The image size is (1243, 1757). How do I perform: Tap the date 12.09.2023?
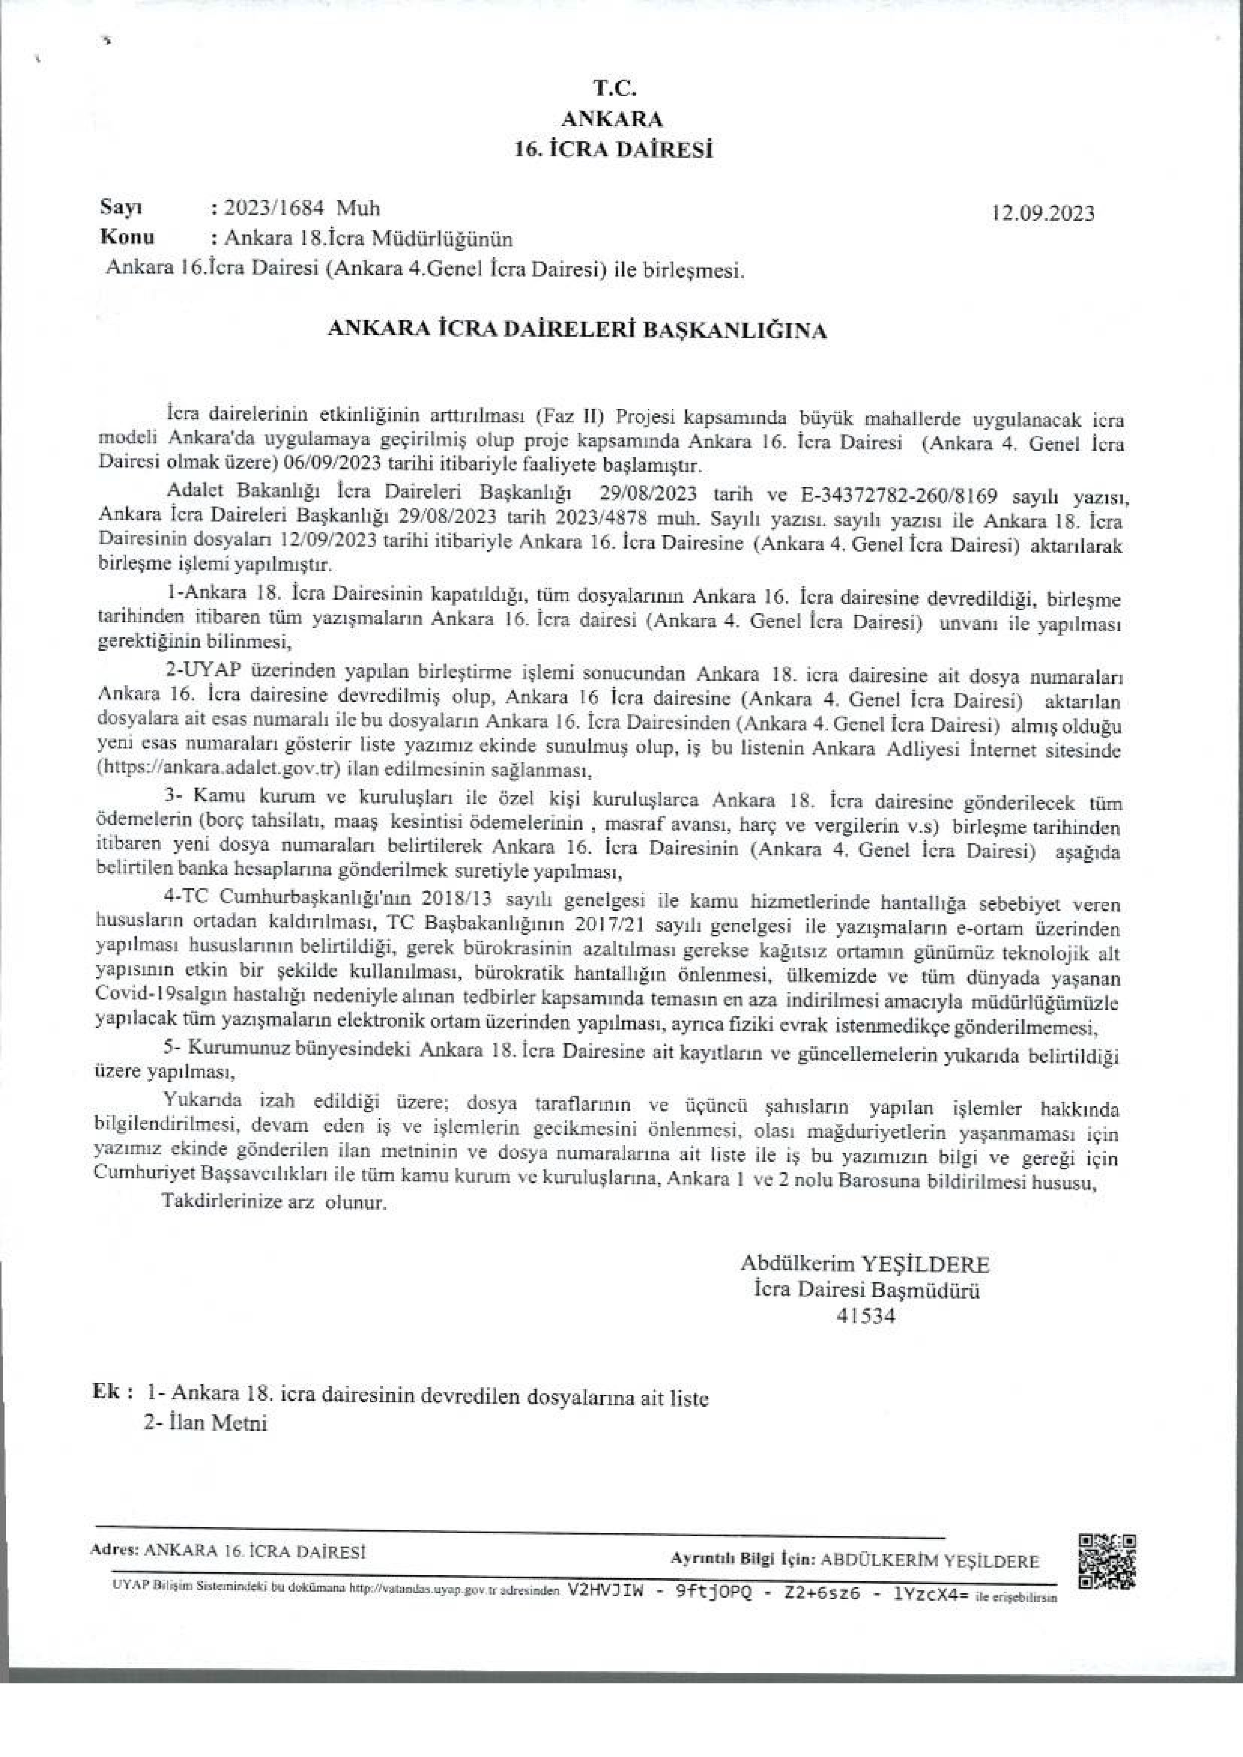(x=1043, y=213)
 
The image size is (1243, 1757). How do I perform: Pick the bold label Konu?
(x=127, y=237)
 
